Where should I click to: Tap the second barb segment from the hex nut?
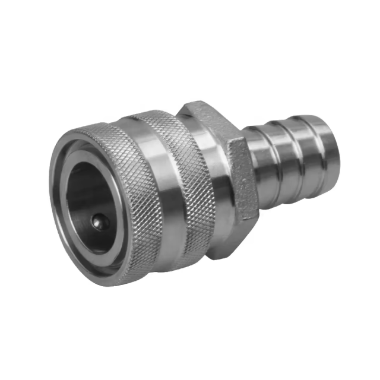tap(282, 163)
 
